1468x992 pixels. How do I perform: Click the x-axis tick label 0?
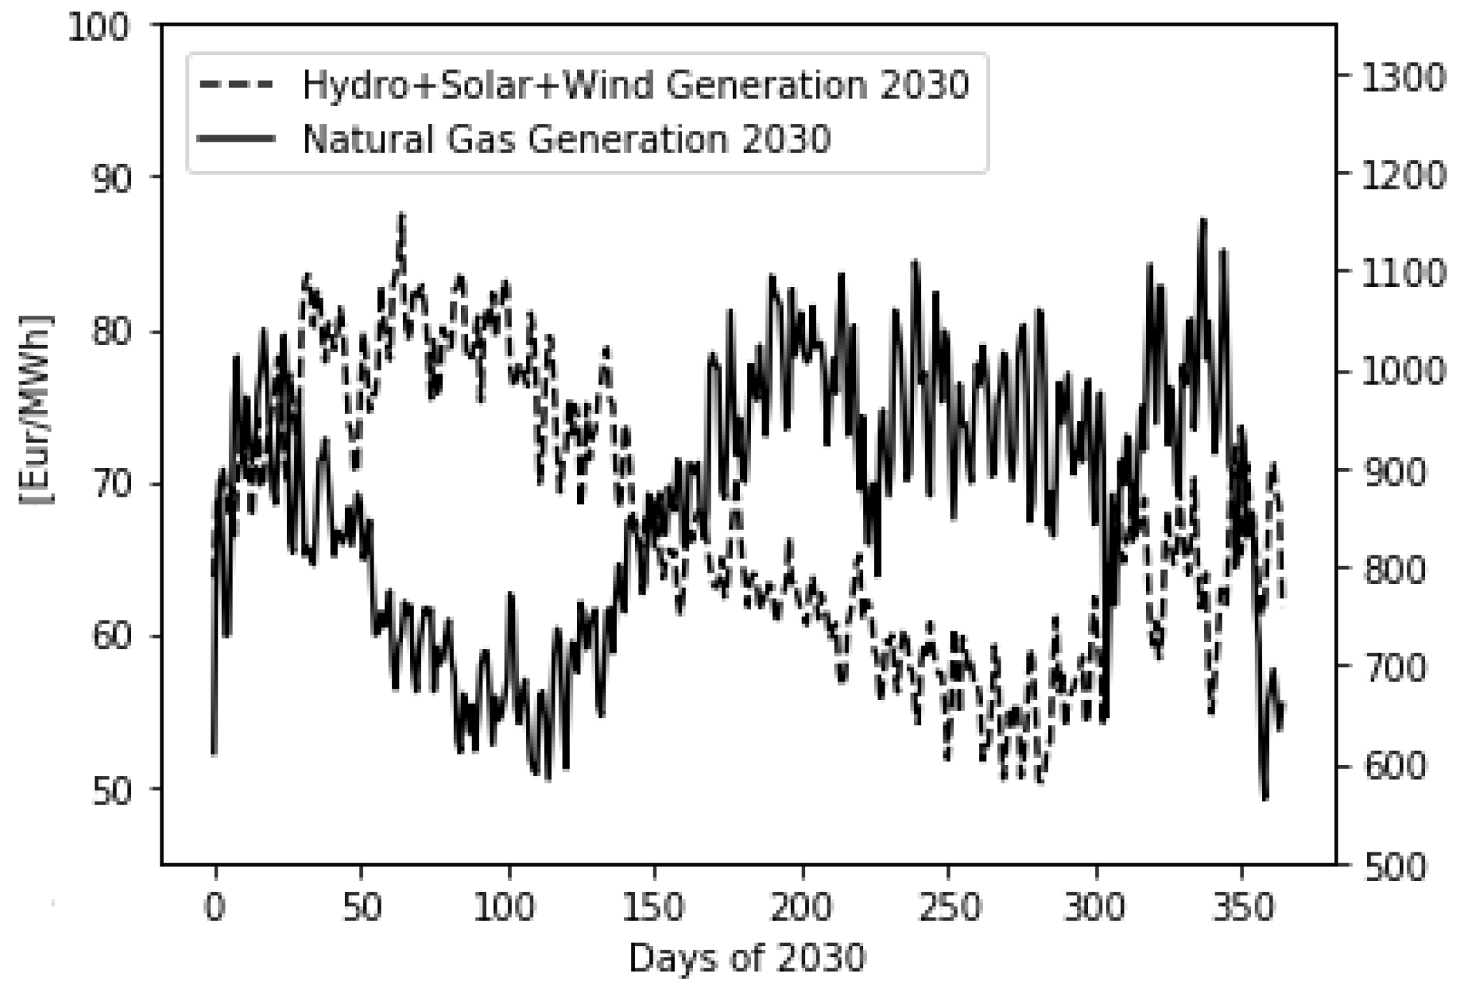coord(215,908)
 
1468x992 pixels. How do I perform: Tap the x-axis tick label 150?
coord(653,908)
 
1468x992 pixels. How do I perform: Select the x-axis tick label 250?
coord(948,908)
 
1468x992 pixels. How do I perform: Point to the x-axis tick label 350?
coord(1241,908)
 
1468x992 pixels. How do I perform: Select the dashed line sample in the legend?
coord(235,84)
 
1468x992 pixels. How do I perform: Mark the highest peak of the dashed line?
coord(402,215)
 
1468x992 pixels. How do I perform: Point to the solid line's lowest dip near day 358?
coord(1265,798)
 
